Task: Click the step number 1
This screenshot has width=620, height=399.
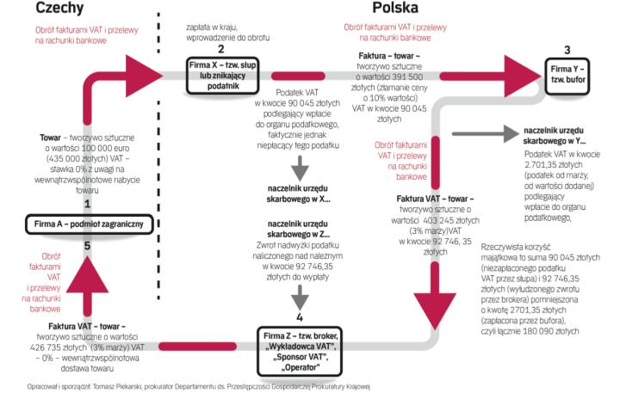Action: pos(88,204)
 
